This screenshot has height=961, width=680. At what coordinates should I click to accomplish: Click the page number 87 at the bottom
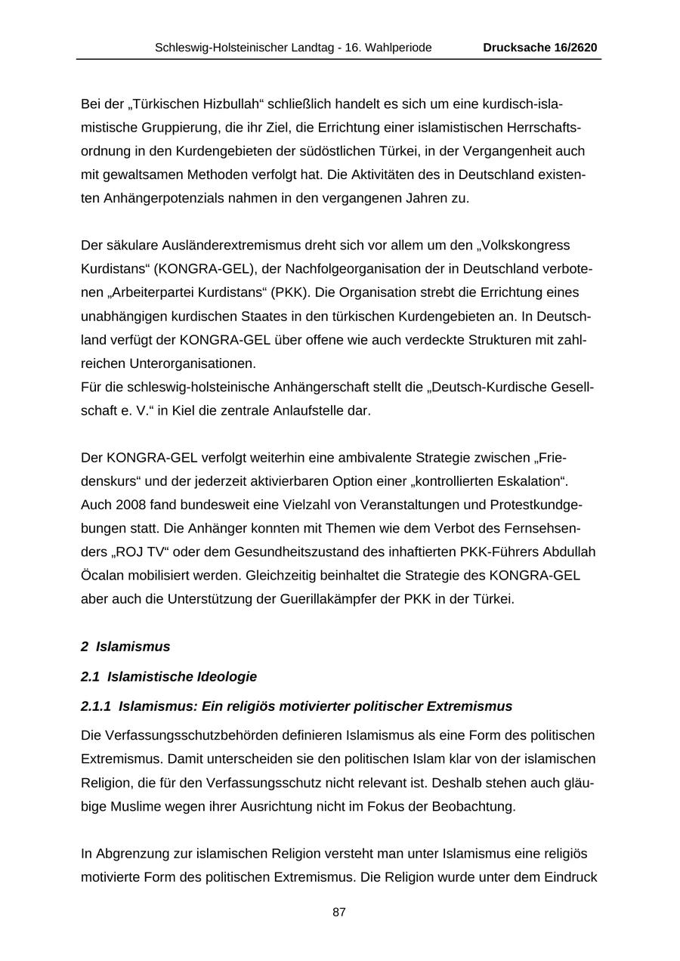(339, 913)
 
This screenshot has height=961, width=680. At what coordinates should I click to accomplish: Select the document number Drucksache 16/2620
(539, 48)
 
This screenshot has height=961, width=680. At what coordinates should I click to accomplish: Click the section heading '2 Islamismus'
(125, 647)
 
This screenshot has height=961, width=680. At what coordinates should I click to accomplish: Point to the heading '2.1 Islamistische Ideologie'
(168, 676)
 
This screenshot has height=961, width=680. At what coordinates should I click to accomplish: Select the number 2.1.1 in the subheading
(96, 706)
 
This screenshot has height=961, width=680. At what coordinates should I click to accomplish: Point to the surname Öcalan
(102, 576)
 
